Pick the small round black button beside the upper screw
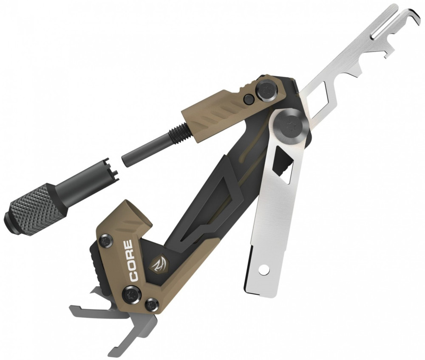(x=248, y=99)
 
